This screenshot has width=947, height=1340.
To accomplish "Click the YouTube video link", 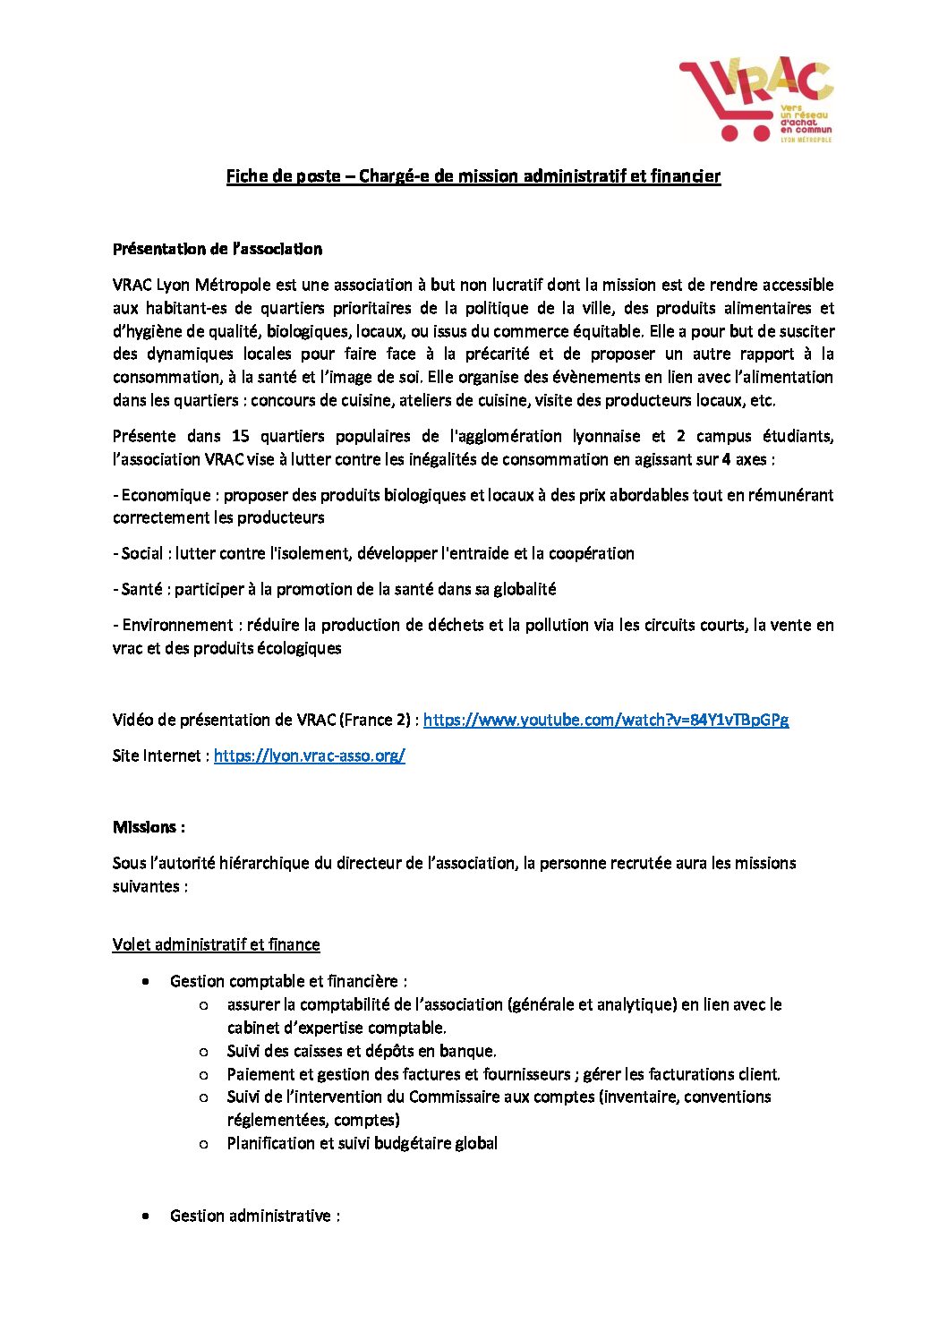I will tap(605, 720).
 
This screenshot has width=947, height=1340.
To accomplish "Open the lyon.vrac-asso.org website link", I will tap(309, 755).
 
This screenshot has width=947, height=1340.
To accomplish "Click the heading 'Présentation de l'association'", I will tap(218, 249).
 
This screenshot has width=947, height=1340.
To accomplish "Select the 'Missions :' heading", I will tap(149, 827).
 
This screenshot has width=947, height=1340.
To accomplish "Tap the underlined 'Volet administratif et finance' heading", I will tap(216, 944).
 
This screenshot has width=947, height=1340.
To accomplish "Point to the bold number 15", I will tap(240, 436).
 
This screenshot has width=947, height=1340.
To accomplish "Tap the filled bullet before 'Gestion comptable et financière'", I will tap(146, 982).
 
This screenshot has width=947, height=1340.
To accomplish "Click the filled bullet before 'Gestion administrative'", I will tap(146, 1216).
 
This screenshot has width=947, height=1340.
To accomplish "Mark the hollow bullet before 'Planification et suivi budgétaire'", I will tap(204, 1144).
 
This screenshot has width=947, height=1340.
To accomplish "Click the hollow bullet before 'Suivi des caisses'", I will tap(204, 1052).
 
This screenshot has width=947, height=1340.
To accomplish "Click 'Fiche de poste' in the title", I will tap(283, 176).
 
